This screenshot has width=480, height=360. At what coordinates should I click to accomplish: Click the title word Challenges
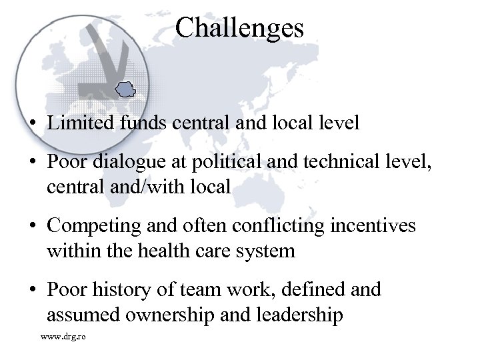(240, 28)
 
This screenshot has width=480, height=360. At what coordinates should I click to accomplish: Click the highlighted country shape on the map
(125, 87)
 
